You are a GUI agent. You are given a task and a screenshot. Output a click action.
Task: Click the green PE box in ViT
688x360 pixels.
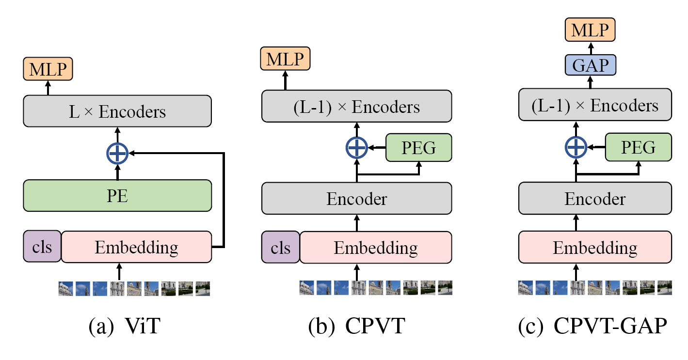[x=117, y=195]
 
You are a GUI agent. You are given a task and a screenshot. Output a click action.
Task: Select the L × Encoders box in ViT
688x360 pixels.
[x=117, y=111]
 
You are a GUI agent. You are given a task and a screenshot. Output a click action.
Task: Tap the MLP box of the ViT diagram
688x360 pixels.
[x=48, y=69]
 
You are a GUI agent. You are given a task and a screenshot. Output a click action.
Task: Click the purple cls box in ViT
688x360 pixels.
[x=42, y=247]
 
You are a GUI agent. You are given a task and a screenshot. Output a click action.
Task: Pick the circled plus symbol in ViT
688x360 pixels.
[x=117, y=153]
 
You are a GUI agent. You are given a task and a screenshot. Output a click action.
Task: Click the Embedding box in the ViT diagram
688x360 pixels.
[x=136, y=247]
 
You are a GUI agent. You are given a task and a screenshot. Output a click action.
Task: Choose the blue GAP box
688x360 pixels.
[x=591, y=65]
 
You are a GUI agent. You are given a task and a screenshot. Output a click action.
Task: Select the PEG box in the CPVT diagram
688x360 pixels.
[x=418, y=147]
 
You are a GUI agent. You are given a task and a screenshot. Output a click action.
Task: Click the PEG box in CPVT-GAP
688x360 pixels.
[x=639, y=147]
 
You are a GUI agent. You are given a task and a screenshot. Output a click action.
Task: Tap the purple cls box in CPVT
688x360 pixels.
[x=280, y=247]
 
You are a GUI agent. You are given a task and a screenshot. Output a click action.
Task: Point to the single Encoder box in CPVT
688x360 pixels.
[x=356, y=198]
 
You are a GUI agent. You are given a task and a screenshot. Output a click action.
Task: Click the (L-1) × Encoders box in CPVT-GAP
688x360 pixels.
[x=595, y=105]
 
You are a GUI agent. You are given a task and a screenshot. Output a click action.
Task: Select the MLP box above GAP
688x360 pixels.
[x=590, y=30]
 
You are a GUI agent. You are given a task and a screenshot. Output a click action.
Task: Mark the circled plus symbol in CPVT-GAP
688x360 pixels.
[x=576, y=147]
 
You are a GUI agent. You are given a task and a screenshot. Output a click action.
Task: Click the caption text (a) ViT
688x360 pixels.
[x=125, y=326]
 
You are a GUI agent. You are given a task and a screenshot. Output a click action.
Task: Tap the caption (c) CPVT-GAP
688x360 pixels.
[x=592, y=326]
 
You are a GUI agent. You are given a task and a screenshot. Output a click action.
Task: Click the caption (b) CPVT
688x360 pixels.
[x=356, y=326]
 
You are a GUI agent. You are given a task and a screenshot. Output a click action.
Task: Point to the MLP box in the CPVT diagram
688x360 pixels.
[x=285, y=59]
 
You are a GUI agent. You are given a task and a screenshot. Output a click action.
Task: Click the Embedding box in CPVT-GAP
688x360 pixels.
[x=595, y=247]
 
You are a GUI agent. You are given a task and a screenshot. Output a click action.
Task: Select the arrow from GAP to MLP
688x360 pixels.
[x=591, y=48]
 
